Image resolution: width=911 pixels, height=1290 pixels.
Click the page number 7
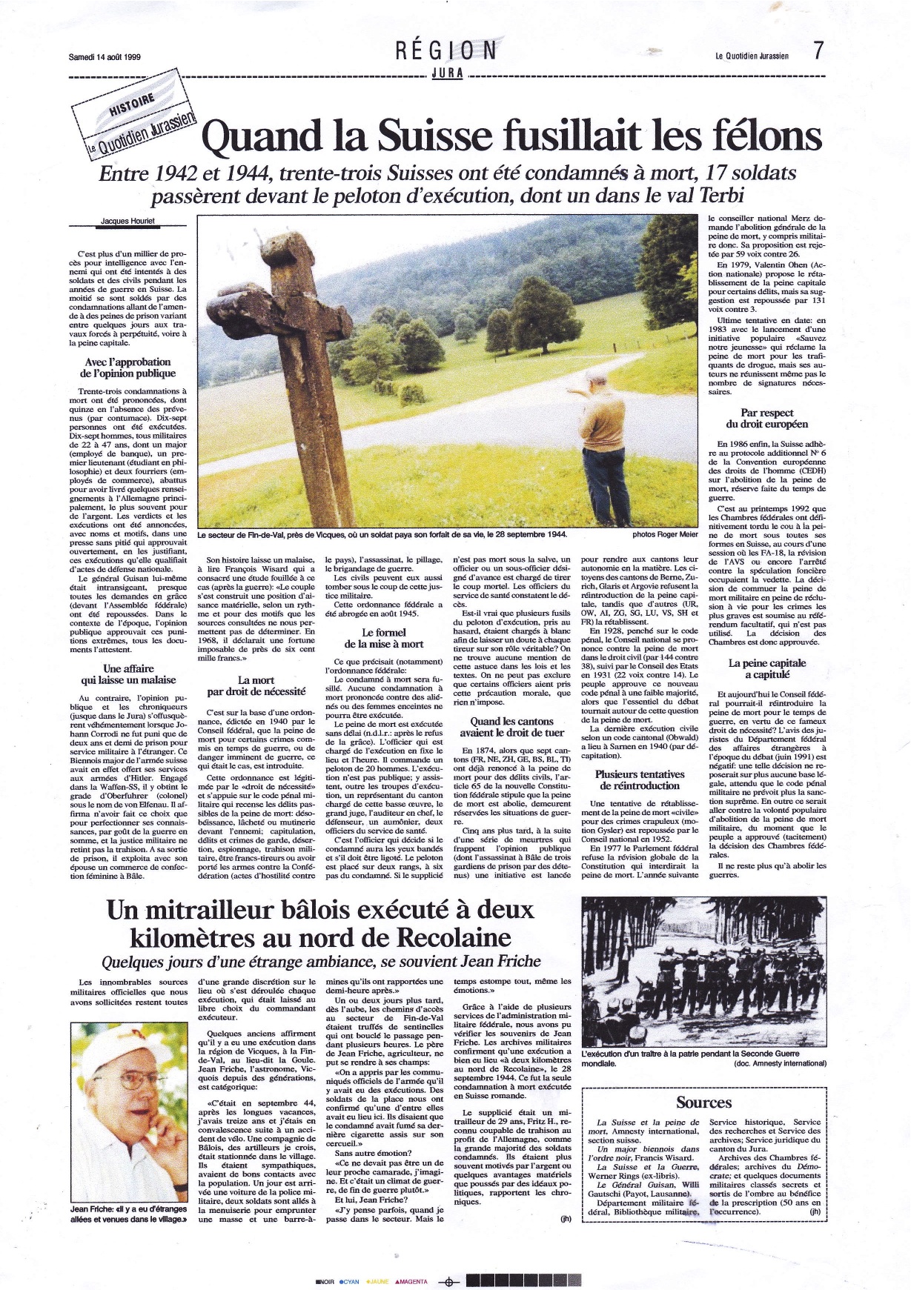pyautogui.click(x=818, y=51)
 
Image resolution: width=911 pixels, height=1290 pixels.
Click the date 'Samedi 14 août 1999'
pyautogui.click(x=105, y=56)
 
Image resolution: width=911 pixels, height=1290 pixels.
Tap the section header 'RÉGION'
pyautogui.click(x=446, y=50)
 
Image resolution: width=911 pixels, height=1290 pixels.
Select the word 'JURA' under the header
pyautogui.click(x=447, y=73)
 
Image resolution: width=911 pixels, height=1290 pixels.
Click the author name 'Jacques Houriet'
pyautogui.click(x=127, y=221)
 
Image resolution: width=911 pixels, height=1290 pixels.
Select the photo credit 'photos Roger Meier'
pyautogui.click(x=665, y=534)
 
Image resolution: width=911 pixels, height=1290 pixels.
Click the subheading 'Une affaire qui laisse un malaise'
pyautogui.click(x=128, y=674)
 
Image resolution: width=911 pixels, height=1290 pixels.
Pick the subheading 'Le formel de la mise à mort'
pyautogui.click(x=384, y=638)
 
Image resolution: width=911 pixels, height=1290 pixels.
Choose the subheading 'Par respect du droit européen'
pyautogui.click(x=766, y=419)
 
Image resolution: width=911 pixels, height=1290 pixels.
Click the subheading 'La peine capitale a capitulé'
pyautogui.click(x=766, y=669)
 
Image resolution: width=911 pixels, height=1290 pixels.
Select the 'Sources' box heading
pyautogui.click(x=703, y=1103)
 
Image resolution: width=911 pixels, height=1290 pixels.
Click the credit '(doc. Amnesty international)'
pyautogui.click(x=780, y=1063)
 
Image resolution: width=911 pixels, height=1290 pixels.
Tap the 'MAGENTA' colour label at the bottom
pyautogui.click(x=411, y=1282)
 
